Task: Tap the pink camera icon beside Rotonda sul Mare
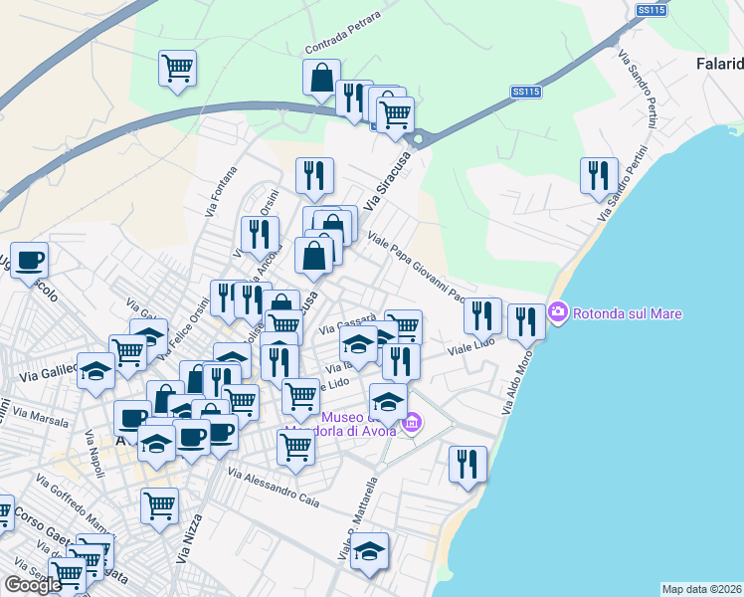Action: (557, 312)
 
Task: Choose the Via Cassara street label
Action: (347, 324)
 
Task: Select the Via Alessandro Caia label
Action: (274, 487)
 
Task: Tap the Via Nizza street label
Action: (188, 538)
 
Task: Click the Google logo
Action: (33, 585)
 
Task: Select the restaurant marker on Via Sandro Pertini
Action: (599, 174)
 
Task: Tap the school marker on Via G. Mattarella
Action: (369, 550)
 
